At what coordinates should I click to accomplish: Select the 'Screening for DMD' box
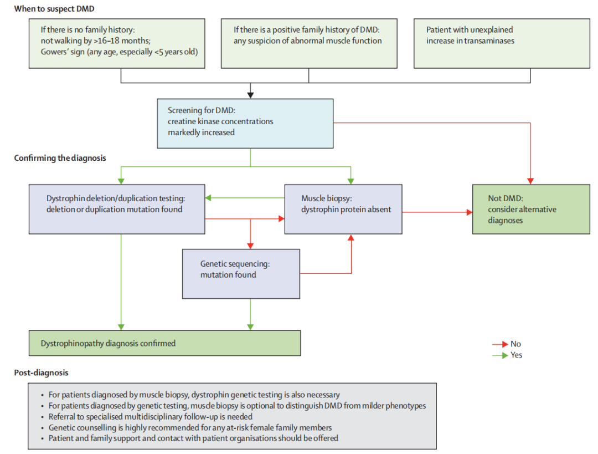click(245, 123)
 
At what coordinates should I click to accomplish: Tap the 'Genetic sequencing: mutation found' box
click(241, 273)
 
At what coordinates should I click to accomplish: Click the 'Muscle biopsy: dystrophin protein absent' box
click(343, 209)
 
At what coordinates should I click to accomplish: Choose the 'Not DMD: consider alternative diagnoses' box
click(530, 209)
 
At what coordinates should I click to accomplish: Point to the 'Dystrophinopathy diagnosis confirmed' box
click(164, 343)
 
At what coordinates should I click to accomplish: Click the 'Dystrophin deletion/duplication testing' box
click(117, 209)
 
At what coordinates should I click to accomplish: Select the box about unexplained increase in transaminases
click(502, 44)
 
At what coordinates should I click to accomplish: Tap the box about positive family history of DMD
click(308, 44)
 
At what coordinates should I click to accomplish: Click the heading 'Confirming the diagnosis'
click(60, 158)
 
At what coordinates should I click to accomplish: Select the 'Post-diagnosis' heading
click(41, 373)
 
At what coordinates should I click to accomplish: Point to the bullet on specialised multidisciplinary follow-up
click(151, 416)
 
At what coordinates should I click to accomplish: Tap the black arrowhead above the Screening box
click(250, 94)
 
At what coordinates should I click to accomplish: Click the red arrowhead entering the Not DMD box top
click(530, 180)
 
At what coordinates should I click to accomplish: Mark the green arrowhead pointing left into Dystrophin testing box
click(209, 198)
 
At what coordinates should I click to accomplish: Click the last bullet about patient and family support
click(193, 438)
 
